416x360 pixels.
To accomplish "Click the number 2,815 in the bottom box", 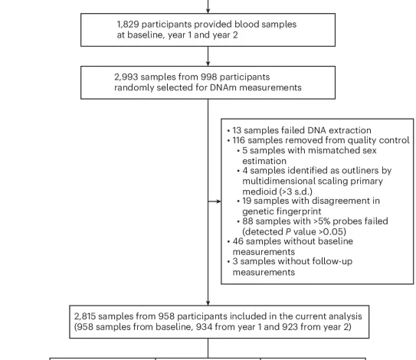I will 89,316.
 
